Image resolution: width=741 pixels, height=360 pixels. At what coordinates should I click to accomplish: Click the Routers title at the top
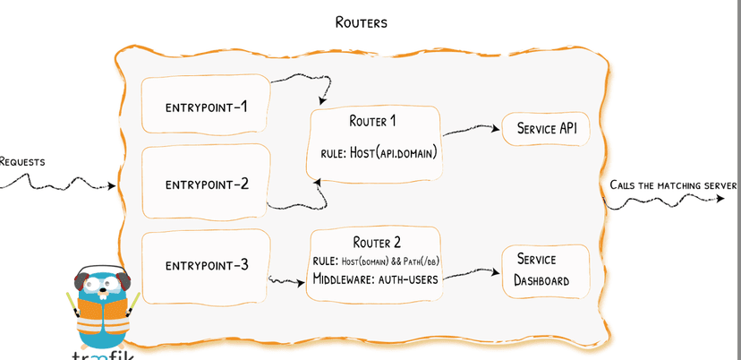click(x=361, y=22)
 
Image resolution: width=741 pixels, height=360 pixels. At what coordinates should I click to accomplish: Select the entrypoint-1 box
click(x=206, y=107)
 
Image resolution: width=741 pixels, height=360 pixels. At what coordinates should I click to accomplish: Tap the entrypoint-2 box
click(x=206, y=184)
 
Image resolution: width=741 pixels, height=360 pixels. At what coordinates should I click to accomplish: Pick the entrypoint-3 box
click(x=206, y=265)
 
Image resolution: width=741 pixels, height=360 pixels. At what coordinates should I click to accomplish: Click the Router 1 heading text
click(x=374, y=121)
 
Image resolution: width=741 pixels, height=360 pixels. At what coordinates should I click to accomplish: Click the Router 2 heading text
click(x=377, y=242)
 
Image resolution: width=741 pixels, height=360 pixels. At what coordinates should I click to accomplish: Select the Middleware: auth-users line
click(x=376, y=279)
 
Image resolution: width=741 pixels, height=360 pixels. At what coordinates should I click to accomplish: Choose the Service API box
click(x=546, y=129)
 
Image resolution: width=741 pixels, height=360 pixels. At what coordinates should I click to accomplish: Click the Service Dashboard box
click(x=545, y=269)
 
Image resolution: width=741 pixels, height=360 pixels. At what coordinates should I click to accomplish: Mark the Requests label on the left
click(x=22, y=162)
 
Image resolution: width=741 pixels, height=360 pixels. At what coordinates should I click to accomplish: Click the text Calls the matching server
click(x=673, y=185)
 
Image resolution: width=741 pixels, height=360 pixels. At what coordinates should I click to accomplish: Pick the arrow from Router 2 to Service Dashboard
click(x=470, y=273)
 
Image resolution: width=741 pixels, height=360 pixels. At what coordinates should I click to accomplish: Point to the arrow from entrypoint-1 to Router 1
click(x=295, y=81)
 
